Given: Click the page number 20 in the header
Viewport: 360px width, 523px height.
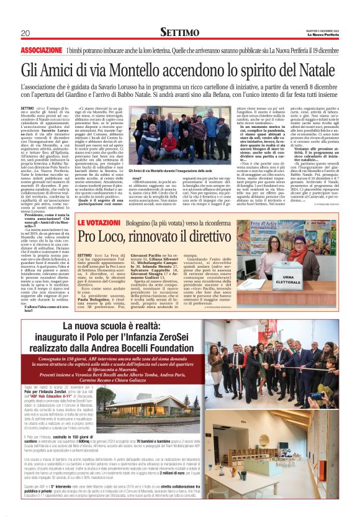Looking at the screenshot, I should click(25, 32).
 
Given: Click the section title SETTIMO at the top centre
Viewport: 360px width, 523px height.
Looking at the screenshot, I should click(179, 32).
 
